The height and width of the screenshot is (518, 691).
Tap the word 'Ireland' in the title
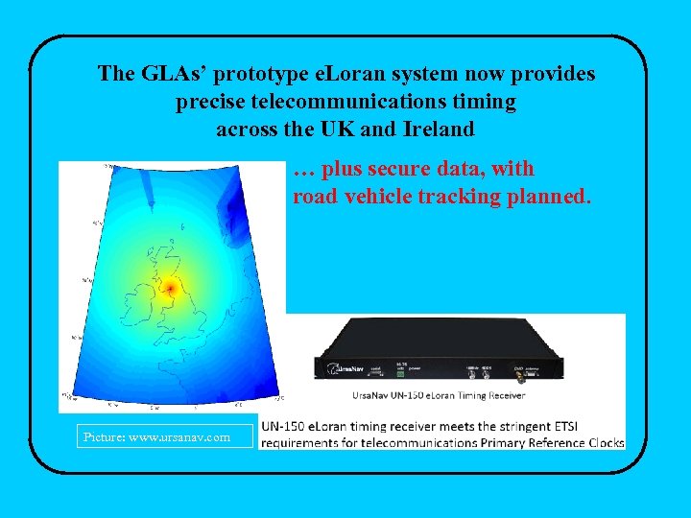(x=441, y=128)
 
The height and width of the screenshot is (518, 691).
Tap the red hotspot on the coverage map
(x=170, y=287)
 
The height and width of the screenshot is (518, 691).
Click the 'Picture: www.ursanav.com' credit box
(x=156, y=437)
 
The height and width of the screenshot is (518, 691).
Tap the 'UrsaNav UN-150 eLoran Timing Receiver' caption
(x=441, y=397)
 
